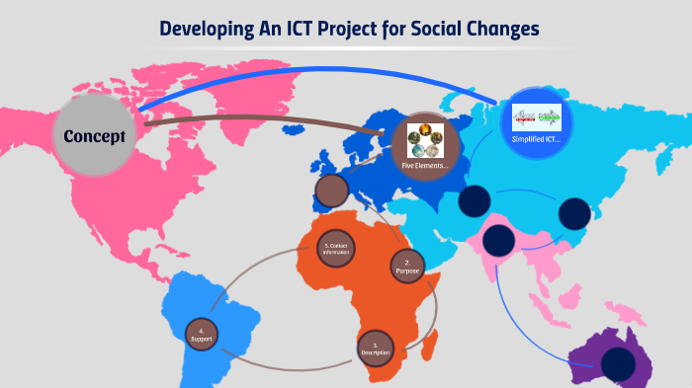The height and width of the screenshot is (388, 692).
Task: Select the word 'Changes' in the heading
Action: coord(500,28)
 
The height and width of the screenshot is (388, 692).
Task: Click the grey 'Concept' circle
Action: coord(95,135)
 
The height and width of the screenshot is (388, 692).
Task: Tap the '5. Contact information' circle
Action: coord(336,249)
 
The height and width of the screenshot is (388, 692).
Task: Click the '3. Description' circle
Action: coord(376,348)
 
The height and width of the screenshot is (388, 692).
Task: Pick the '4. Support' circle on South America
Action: coord(201,335)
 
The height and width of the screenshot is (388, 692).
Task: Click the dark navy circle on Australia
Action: coord(616,362)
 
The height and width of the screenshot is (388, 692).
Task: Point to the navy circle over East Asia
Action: coord(573,214)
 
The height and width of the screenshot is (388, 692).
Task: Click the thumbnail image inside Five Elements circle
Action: coord(425,139)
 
